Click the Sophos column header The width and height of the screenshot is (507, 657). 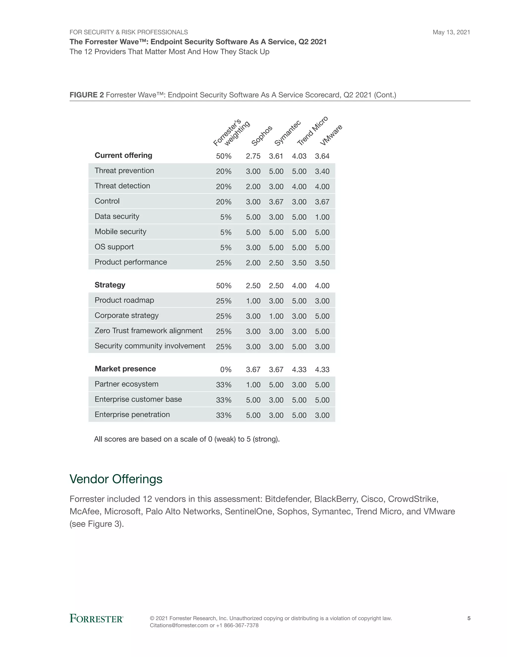pos(262,136)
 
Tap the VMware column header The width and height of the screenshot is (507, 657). pos(331,135)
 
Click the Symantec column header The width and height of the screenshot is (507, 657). pos(287,133)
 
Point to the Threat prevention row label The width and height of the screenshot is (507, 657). pos(124,171)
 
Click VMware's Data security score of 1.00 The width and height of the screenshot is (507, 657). pos(322,217)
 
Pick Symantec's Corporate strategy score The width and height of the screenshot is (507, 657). pos(276,316)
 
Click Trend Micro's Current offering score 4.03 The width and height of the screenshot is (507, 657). pos(299,156)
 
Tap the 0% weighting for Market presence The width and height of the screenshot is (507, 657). pos(226,370)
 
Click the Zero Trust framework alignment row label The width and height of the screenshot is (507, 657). pos(148,330)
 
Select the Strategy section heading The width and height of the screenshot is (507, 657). pos(110,285)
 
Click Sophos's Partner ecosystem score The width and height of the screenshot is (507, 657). pos(253,385)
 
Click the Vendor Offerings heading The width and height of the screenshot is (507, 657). pos(116,479)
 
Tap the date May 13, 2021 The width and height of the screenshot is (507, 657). pos(451,32)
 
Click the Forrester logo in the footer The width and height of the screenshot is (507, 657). pos(96,619)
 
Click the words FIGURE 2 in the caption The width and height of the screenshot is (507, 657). pos(86,95)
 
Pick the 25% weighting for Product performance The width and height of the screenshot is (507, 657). pos(224,263)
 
